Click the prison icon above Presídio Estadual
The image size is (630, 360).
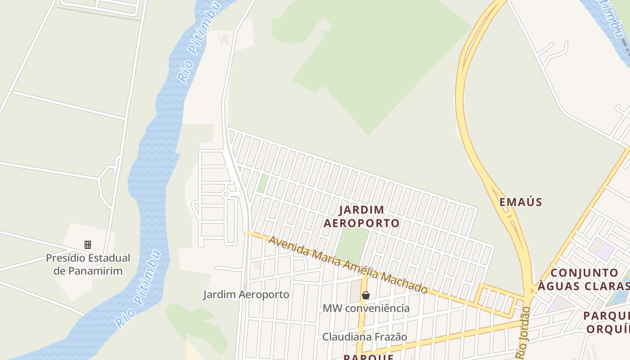point(88,245)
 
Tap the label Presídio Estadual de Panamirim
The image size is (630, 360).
point(88,265)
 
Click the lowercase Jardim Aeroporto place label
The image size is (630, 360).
point(246,295)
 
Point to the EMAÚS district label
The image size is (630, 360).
point(521,202)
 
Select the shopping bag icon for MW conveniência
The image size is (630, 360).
point(366,295)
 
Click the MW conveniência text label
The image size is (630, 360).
point(366,308)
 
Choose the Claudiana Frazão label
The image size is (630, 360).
point(364,337)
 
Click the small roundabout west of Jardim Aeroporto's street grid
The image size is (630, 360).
point(226,194)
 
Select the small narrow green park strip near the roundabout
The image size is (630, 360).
point(262,184)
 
